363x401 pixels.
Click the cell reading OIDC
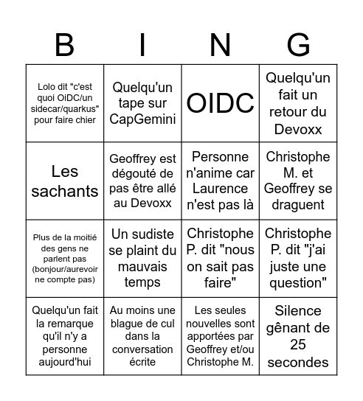220,103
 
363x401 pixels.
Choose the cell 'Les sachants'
65,182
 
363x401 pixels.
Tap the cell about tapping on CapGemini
142,103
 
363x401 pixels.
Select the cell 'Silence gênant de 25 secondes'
297,336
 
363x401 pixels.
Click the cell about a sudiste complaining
142,259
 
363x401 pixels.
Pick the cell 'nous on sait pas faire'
220,259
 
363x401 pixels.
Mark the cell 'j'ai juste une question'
297,259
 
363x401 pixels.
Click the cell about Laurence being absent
220,182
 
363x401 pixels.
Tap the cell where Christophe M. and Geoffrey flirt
297,182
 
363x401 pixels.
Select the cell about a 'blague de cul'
142,336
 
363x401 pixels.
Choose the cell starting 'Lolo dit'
65,103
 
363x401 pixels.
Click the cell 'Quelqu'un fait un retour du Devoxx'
297,103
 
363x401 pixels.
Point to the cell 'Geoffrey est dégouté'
142,182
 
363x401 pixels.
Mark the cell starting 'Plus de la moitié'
65,259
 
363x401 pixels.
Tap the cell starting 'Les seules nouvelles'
220,336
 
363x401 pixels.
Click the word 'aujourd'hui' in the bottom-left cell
65,362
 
